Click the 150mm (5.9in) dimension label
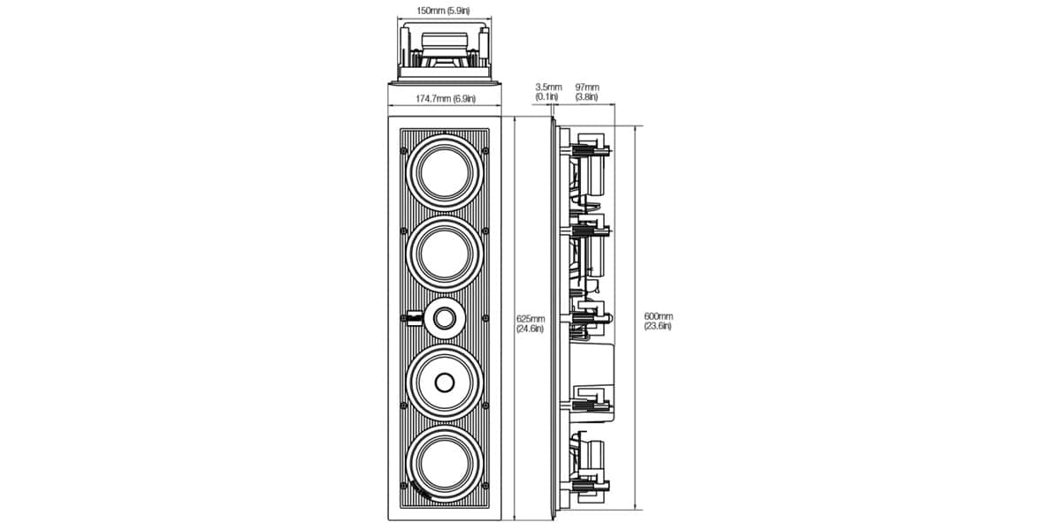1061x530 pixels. (443, 11)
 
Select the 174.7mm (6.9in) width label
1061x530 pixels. (446, 99)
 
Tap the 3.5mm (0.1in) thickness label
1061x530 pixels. (548, 92)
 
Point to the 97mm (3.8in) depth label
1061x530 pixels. (587, 92)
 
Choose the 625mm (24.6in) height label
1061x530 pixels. (530, 324)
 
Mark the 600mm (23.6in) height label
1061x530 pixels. (659, 322)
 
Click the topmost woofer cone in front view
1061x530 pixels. (445, 172)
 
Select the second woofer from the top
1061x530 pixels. (445, 254)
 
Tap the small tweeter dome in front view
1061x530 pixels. (444, 319)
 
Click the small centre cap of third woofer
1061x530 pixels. (444, 382)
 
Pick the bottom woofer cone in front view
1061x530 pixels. (445, 464)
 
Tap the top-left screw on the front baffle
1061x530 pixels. (403, 151)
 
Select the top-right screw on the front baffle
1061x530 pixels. (485, 151)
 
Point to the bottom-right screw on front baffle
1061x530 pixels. (485, 486)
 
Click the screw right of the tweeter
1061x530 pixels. (485, 319)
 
